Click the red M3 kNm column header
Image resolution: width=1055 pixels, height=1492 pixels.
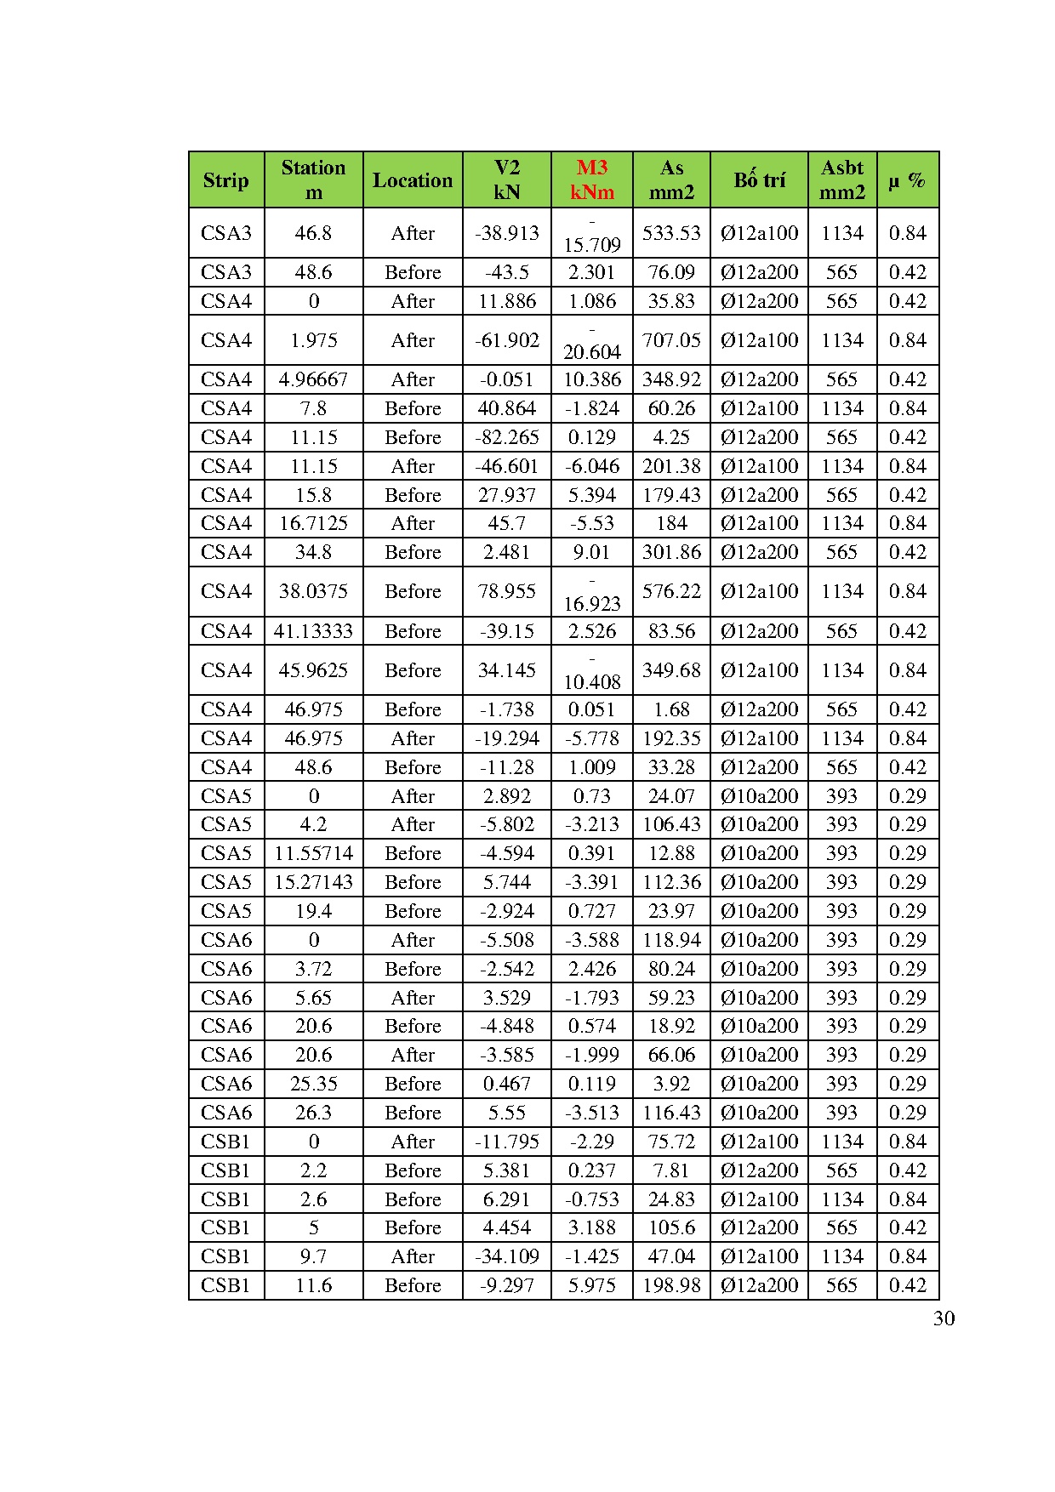pyautogui.click(x=591, y=179)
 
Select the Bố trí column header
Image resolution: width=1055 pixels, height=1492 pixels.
pyautogui.click(x=759, y=180)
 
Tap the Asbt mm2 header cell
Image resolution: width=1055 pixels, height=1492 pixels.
pyautogui.click(x=841, y=179)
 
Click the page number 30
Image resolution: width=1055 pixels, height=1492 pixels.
pyautogui.click(x=944, y=1318)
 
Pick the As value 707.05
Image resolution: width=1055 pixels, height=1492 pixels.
pyautogui.click(x=671, y=340)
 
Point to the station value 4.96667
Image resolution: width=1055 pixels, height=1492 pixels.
pyautogui.click(x=313, y=379)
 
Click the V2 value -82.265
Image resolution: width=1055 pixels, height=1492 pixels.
pyautogui.click(x=506, y=437)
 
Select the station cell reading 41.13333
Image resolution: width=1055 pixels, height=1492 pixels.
pyautogui.click(x=313, y=631)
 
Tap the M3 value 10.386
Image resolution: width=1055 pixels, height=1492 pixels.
pyautogui.click(x=591, y=379)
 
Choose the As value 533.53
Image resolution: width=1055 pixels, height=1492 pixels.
pyautogui.click(x=671, y=233)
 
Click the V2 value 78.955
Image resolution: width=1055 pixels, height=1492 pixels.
pyautogui.click(x=506, y=591)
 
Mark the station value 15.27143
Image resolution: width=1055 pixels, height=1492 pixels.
pyautogui.click(x=313, y=882)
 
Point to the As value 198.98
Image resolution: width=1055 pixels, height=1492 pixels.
pyautogui.click(x=671, y=1285)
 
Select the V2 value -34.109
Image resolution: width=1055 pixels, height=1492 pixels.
pyautogui.click(x=506, y=1256)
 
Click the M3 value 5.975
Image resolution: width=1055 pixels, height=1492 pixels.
pyautogui.click(x=591, y=1285)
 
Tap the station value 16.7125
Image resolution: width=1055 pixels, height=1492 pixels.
pyautogui.click(x=313, y=523)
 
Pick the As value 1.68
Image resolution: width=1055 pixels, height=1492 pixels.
pyautogui.click(x=671, y=709)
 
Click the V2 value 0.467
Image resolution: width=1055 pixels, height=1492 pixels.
pyautogui.click(x=506, y=1084)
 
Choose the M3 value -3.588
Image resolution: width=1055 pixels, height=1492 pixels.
pyautogui.click(x=591, y=940)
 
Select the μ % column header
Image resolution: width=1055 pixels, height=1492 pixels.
pyautogui.click(x=907, y=180)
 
